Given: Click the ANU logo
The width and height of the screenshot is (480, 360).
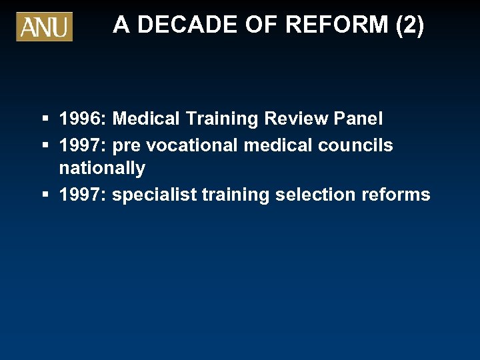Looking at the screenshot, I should (44, 27).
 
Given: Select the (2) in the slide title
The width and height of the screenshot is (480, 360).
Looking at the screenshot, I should (409, 25).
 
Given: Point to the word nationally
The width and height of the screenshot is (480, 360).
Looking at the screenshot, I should (102, 169).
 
